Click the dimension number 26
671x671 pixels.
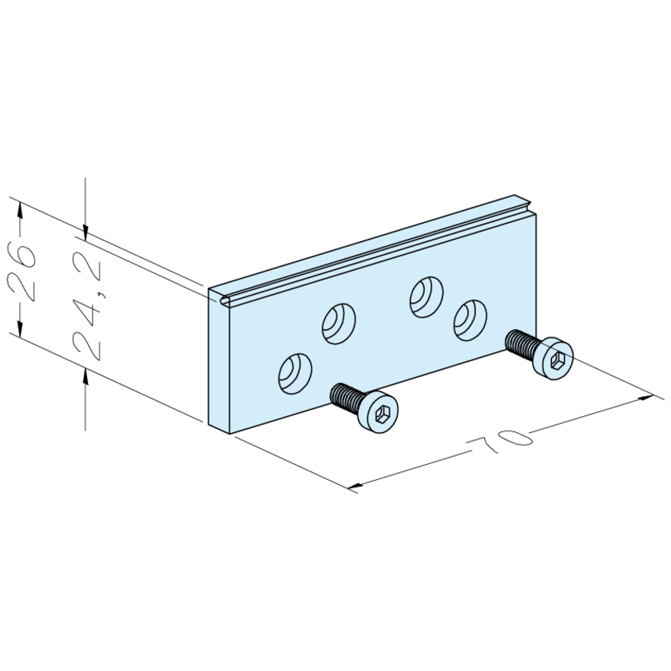pyautogui.click(x=22, y=272)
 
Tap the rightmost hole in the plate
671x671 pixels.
pyautogui.click(x=469, y=319)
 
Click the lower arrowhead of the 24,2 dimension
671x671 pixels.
pyautogui.click(x=85, y=374)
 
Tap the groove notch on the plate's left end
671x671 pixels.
pyautogui.click(x=224, y=300)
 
